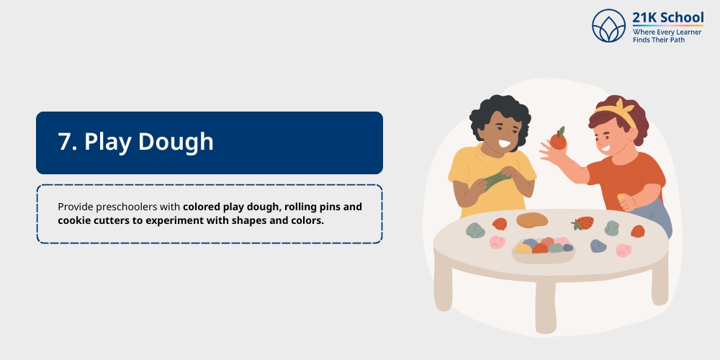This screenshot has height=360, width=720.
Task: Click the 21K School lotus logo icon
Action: point(608,25)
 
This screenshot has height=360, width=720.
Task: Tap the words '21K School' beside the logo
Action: point(667,18)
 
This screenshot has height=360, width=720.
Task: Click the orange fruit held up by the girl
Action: point(558,139)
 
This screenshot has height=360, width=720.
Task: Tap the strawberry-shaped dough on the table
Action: point(582,223)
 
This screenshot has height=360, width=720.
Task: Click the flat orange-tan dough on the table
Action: point(532,220)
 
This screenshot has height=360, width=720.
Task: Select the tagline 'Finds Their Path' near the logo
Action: point(660,40)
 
